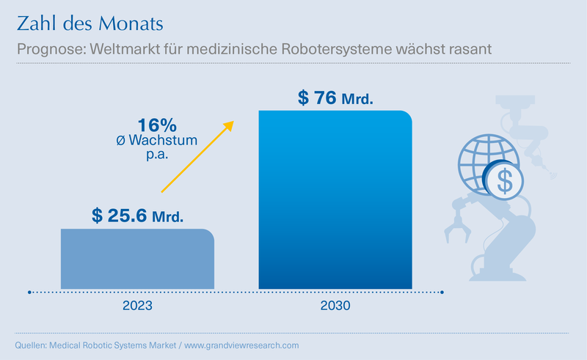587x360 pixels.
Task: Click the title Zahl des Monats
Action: (x=90, y=23)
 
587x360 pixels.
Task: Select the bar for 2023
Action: (x=137, y=259)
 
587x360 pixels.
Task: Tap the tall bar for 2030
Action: (x=335, y=200)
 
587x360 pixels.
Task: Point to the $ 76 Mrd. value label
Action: (x=335, y=98)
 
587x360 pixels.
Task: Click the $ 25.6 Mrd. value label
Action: (x=137, y=216)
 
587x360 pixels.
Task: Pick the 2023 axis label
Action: (x=137, y=306)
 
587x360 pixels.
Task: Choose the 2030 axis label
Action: (x=335, y=306)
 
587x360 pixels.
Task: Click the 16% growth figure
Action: (x=157, y=125)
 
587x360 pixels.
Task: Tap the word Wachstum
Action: (x=163, y=140)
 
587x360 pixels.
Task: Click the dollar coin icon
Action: (x=504, y=181)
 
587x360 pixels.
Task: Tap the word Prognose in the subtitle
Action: (x=51, y=49)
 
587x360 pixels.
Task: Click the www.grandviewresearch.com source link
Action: (x=241, y=345)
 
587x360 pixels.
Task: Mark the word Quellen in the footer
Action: (x=31, y=345)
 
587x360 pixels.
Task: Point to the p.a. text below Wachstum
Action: (x=157, y=154)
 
